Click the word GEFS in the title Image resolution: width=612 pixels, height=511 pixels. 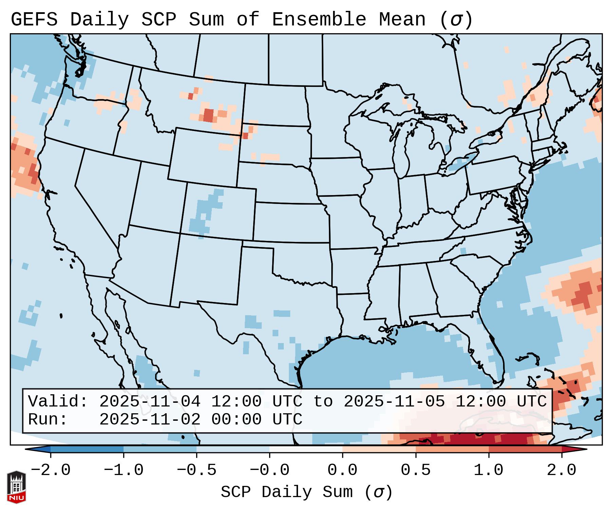pyautogui.click(x=34, y=20)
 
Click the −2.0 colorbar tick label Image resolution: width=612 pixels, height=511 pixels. pyautogui.click(x=51, y=470)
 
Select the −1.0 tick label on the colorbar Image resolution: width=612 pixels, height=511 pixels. pyautogui.click(x=124, y=470)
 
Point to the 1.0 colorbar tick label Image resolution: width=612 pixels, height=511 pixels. pyautogui.click(x=488, y=470)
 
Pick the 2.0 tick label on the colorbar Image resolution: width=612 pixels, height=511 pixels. pyautogui.click(x=561, y=470)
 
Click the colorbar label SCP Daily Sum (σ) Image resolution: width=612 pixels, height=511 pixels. pyautogui.click(x=307, y=492)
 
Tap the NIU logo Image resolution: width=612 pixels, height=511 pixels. pyautogui.click(x=16, y=487)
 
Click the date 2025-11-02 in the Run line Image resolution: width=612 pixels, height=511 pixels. pyautogui.click(x=150, y=420)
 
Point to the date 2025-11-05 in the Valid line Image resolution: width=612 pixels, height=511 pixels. pyautogui.click(x=394, y=402)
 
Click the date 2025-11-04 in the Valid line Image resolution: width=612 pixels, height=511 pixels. pyautogui.click(x=150, y=402)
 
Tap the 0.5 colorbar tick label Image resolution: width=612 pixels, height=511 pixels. pyautogui.click(x=415, y=470)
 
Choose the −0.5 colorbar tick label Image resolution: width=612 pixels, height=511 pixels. pyautogui.click(x=197, y=470)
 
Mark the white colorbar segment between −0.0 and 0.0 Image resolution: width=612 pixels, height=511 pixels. pyautogui.click(x=306, y=450)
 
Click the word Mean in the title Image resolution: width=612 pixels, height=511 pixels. pyautogui.click(x=402, y=20)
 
